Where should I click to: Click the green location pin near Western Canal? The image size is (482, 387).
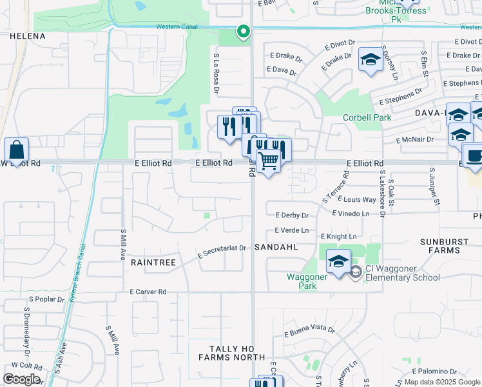tap(243, 30)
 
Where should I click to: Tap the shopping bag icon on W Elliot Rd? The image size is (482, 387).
tap(16, 150)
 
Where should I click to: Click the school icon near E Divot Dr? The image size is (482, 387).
tap(371, 60)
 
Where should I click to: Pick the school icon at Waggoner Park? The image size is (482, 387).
tap(338, 261)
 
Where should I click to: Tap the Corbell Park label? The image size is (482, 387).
tap(367, 118)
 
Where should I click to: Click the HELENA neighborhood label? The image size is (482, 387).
tap(28, 36)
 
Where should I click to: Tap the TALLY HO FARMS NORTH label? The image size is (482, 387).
tap(231, 353)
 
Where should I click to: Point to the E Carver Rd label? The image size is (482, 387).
tap(148, 292)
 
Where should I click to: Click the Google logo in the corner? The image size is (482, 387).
tap(21, 379)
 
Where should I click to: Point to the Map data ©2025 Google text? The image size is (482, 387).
tap(441, 382)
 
